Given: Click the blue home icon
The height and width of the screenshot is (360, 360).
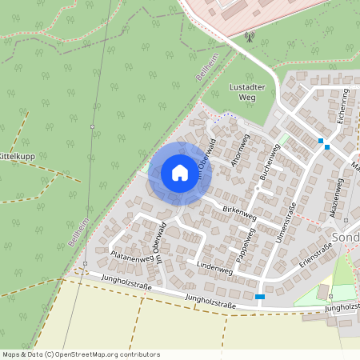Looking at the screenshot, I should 180,173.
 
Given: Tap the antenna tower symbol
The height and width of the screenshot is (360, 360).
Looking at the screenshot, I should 249,36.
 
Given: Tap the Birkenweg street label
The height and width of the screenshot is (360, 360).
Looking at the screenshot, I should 239,212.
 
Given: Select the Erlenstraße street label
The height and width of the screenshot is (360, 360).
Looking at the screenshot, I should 315,254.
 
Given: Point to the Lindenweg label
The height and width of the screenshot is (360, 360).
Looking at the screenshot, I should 214,269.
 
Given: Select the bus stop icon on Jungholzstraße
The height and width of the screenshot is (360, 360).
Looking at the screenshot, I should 260,297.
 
